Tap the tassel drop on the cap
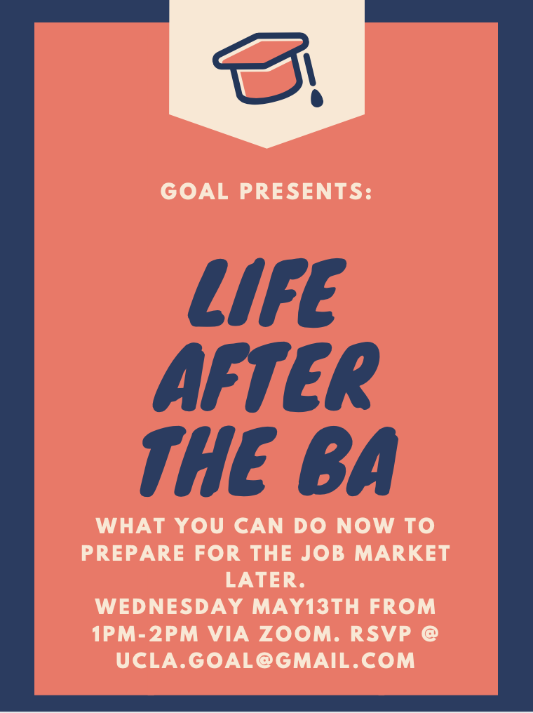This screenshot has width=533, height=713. tap(317, 98)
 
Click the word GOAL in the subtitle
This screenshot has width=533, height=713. tap(194, 191)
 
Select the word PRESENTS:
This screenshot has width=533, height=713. tap(306, 191)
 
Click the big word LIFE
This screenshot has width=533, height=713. tap(267, 293)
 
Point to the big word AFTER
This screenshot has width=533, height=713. tap(266, 377)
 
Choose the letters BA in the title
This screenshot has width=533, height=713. tap(349, 461)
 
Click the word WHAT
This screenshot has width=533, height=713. tap(130, 526)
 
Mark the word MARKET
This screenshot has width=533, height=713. tap(402, 553)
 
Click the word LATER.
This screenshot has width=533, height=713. tap(265, 580)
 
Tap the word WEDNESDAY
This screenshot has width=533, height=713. tap(169, 606)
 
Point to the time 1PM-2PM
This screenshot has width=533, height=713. tap(145, 634)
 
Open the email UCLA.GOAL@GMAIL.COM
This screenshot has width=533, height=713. tap(266, 660)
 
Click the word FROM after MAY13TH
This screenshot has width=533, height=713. tap(403, 606)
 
